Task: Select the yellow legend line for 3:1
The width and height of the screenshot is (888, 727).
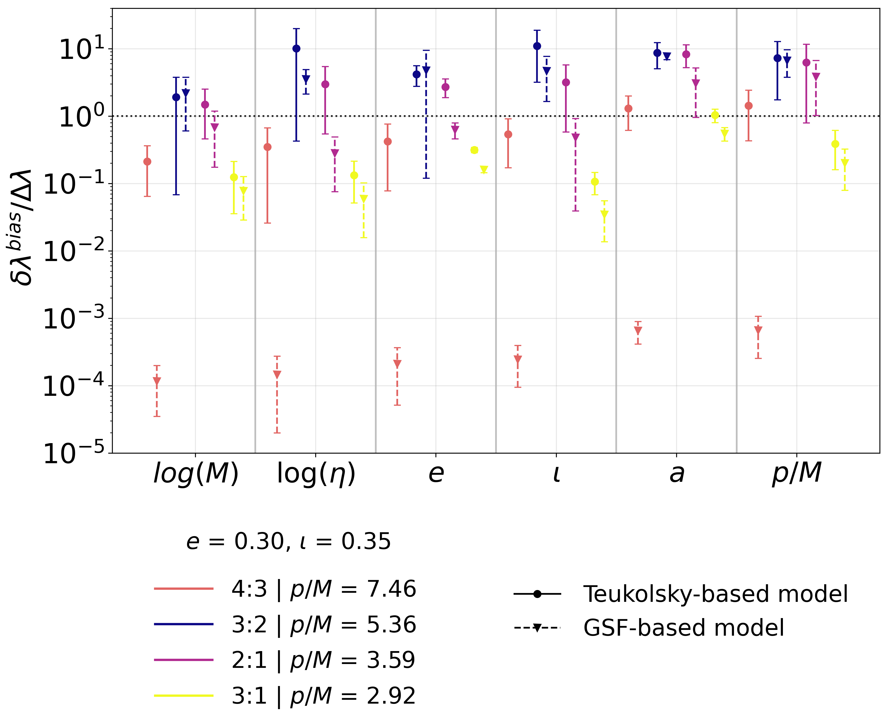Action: click(x=183, y=696)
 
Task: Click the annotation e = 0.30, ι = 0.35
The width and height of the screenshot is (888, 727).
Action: click(x=288, y=542)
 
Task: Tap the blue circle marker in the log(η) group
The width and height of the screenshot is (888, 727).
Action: click(x=296, y=49)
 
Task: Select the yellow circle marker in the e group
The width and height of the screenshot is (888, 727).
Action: click(x=474, y=150)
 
